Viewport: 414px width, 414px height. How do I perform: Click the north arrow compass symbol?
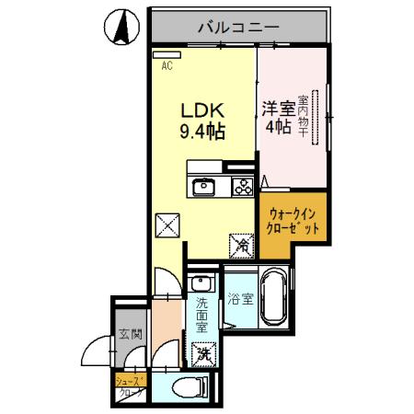coord(121,28)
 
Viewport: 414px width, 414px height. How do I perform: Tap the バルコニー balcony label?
coord(238,28)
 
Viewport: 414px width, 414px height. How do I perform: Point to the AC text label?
coord(167,66)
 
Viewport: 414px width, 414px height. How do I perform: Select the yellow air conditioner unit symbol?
coord(167,54)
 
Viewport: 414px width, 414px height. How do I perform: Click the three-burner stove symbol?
coord(241,187)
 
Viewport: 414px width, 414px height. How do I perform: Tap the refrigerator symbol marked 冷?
coord(241,246)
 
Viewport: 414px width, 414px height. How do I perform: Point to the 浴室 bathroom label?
coord(239,299)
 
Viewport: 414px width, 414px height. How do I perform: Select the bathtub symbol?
coord(274,299)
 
